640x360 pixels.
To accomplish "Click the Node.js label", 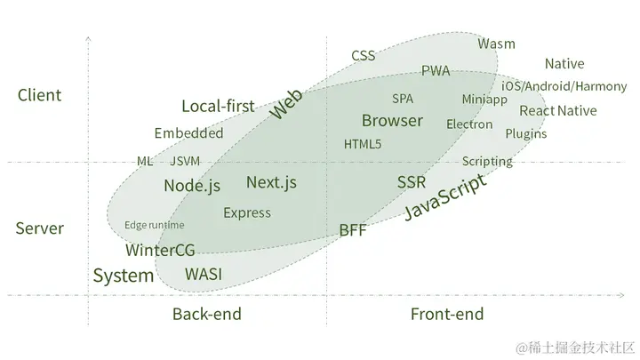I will click(x=192, y=186).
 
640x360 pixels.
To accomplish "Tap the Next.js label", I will click(x=271, y=183).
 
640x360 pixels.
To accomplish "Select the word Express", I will click(x=247, y=212).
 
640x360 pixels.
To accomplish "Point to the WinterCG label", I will click(x=160, y=250).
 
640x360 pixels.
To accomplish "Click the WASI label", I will click(x=204, y=274).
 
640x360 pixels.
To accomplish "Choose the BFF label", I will click(x=353, y=230).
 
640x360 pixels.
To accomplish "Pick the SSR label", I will click(x=412, y=182).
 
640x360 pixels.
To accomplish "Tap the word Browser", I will click(x=392, y=120).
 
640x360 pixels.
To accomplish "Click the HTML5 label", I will click(x=363, y=144).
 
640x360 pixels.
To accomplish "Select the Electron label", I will click(x=469, y=124).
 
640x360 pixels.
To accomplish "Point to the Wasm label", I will click(x=496, y=44).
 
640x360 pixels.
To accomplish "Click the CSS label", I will click(x=363, y=55).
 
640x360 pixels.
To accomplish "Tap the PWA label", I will click(x=436, y=71).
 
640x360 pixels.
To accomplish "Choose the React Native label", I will click(x=557, y=111).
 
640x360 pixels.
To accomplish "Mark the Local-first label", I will click(x=218, y=107).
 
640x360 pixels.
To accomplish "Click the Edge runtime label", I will click(x=155, y=225).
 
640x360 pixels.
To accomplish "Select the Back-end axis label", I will click(x=207, y=314).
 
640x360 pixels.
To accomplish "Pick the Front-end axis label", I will click(x=447, y=314).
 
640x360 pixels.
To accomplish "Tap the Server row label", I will click(x=40, y=228).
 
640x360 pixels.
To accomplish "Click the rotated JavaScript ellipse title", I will click(x=445, y=198).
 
